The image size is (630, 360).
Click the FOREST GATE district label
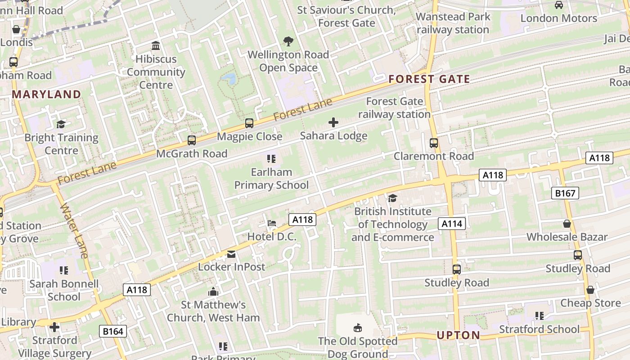pyautogui.click(x=429, y=80)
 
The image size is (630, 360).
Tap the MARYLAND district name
pyautogui.click(x=46, y=94)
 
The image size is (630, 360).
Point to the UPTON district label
pyautogui.click(x=458, y=335)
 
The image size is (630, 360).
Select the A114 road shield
pyautogui.click(x=451, y=224)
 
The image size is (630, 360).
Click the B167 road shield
pyautogui.click(x=565, y=193)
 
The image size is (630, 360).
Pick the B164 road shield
pyautogui.click(x=112, y=332)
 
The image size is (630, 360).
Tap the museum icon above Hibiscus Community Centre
pyautogui.click(x=156, y=45)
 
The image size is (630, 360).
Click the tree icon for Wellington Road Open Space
pyautogui.click(x=288, y=41)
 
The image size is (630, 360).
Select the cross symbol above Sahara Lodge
pyautogui.click(x=333, y=122)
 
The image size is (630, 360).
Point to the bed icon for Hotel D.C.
pyautogui.click(x=271, y=223)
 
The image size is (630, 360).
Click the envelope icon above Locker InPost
pyautogui.click(x=231, y=254)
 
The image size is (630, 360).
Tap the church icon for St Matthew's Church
pyautogui.click(x=213, y=292)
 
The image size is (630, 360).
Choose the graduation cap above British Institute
pyautogui.click(x=393, y=198)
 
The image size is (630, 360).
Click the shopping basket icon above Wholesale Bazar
pyautogui.click(x=567, y=224)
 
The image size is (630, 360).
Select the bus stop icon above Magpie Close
pyautogui.click(x=249, y=123)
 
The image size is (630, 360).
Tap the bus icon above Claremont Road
pyautogui.click(x=434, y=143)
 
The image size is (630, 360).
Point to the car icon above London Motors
pyautogui.click(x=559, y=5)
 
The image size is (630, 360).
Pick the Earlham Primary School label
pyautogui.click(x=271, y=178)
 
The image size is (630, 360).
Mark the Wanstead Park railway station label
pyautogui.click(x=453, y=23)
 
